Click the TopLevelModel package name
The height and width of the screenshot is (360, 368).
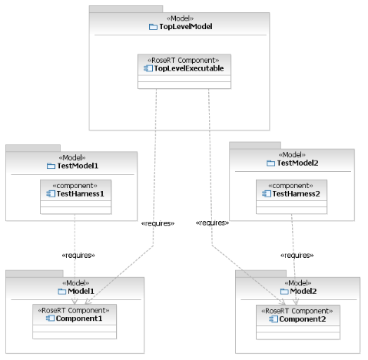click(x=186, y=27)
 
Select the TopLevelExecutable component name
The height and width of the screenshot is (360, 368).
click(x=189, y=68)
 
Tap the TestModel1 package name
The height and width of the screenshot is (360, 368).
click(x=78, y=166)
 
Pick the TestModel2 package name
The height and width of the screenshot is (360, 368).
click(x=297, y=163)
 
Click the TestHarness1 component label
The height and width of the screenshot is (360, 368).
click(x=81, y=194)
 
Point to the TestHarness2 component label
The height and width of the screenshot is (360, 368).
click(x=296, y=194)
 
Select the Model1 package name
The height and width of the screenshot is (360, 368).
click(x=81, y=291)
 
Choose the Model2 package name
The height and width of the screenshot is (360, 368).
click(x=303, y=291)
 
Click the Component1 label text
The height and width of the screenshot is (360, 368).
click(x=79, y=319)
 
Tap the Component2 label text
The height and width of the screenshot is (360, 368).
click(x=303, y=319)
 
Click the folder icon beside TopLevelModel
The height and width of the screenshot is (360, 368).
click(x=153, y=27)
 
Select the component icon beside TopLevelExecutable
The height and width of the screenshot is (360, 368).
click(x=148, y=68)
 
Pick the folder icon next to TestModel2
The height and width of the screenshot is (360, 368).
click(x=270, y=163)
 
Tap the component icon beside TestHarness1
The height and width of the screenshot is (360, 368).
click(x=51, y=194)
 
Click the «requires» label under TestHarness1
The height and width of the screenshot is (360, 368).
click(x=78, y=256)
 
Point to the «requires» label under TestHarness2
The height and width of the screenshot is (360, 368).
click(x=297, y=256)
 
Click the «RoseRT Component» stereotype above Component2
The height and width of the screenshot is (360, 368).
click(x=297, y=311)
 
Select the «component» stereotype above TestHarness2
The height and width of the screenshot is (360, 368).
click(x=290, y=186)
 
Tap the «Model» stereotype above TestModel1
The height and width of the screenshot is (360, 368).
click(x=72, y=157)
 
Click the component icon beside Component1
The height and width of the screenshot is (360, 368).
click(x=50, y=319)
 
